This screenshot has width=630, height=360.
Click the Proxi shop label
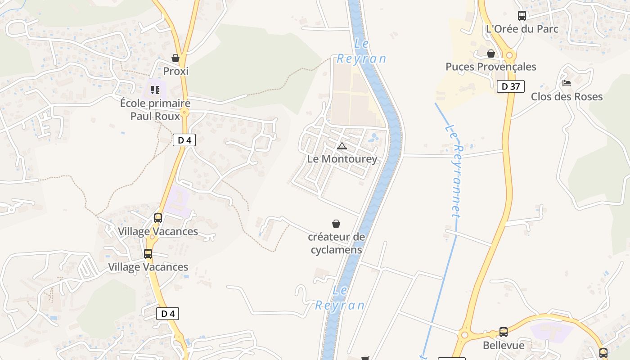point(175,71)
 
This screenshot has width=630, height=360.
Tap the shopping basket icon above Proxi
point(175,58)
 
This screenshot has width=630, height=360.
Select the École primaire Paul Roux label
point(155,109)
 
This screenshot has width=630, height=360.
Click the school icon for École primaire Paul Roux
point(155,90)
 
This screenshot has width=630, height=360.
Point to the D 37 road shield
point(511,86)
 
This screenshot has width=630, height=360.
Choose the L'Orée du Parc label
point(522,29)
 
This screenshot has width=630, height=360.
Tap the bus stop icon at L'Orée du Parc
point(522,16)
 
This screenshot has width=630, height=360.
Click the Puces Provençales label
point(491,67)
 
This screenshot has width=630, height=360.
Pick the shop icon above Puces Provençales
point(491,54)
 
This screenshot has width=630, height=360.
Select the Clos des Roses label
point(567,96)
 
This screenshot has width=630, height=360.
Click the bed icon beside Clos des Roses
point(567,83)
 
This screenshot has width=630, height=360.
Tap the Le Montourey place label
point(342,159)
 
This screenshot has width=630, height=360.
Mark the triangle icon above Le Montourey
point(342,146)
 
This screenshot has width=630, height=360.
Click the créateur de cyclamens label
point(336,243)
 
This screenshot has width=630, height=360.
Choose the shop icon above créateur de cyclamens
point(336,224)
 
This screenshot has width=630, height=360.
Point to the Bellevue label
point(504,345)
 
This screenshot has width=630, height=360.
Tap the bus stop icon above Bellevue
point(504,332)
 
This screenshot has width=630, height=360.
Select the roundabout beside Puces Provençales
point(509,55)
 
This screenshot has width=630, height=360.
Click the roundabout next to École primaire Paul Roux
point(184,112)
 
